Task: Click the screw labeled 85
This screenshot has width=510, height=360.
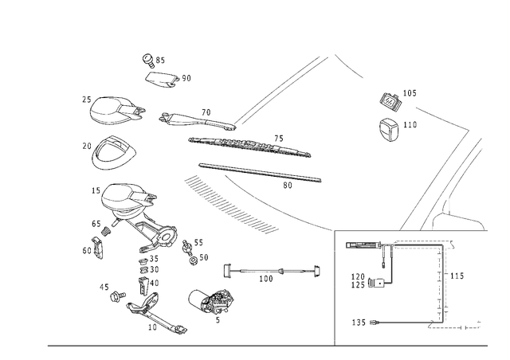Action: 148,61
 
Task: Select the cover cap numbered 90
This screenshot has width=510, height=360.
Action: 162,80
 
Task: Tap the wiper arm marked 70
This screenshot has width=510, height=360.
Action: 197,122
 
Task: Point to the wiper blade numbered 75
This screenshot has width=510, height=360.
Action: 249,146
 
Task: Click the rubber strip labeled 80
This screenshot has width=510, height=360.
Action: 261,173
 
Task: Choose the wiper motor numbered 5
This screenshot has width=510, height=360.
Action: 210,302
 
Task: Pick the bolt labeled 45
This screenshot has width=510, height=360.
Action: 118,296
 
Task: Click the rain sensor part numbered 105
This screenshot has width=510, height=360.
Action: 390,100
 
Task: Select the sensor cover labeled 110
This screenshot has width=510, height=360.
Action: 390,130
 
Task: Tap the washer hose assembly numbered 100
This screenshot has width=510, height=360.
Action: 273,271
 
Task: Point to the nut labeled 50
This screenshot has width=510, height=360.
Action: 193,260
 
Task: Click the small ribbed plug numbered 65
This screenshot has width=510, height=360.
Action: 106,231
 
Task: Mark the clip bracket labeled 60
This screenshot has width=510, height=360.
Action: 97,248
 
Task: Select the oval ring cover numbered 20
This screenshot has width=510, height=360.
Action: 112,153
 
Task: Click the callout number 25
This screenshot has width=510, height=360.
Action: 87,100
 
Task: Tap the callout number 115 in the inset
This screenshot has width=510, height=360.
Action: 457,276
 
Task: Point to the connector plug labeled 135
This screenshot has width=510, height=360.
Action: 374,323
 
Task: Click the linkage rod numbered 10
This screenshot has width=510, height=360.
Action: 155,312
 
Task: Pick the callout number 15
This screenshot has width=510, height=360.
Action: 96,190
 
